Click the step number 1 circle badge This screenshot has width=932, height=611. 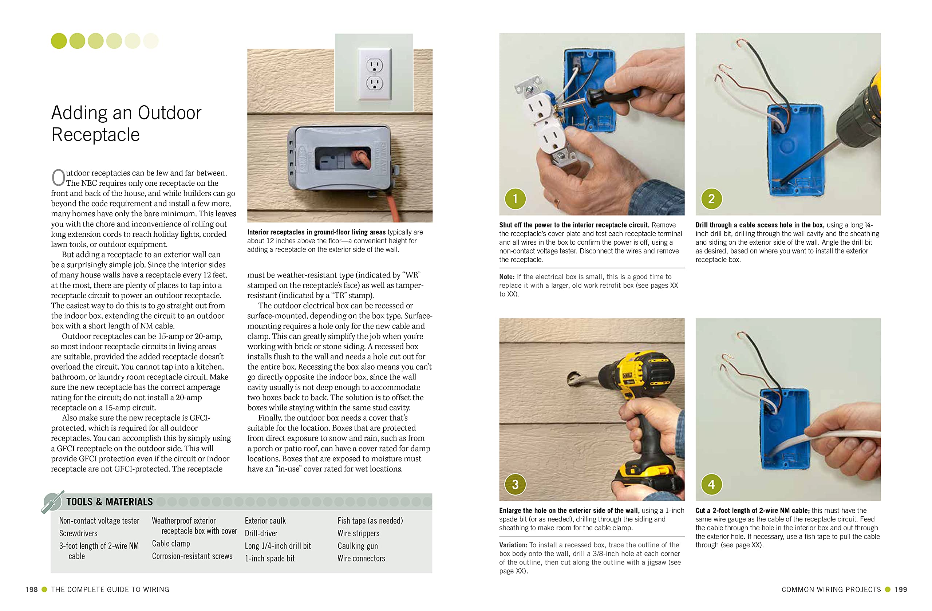point(515,198)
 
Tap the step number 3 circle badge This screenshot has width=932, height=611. point(515,485)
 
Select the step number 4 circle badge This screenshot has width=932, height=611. point(711,485)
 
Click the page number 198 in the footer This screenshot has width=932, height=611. point(31,590)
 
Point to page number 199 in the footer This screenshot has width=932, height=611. point(901,590)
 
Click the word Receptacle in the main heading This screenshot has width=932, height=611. point(95,135)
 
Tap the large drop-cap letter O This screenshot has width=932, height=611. point(58,178)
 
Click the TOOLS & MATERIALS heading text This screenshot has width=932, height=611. point(109,502)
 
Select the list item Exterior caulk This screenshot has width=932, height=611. point(265,521)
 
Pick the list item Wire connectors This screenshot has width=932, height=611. point(361,558)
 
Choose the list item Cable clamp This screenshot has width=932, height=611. point(171,543)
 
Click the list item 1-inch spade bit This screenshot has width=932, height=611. point(269,558)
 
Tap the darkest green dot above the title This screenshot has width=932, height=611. point(59,41)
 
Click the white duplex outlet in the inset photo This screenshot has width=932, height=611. point(374,74)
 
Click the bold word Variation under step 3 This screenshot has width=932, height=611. point(513,545)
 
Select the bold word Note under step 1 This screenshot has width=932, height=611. point(507,276)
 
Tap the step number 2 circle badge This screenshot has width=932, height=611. point(711,198)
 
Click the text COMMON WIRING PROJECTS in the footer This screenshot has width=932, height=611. point(831,590)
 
